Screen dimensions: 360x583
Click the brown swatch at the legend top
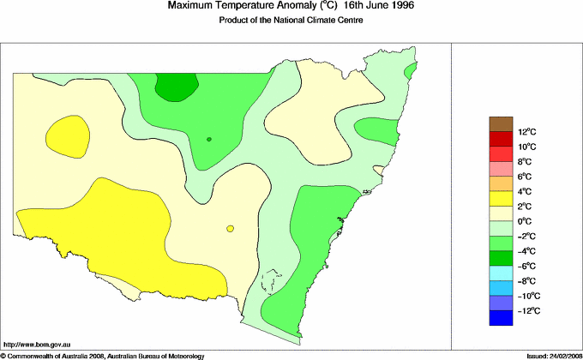coord(501,123)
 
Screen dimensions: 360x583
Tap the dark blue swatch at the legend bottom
coord(501,318)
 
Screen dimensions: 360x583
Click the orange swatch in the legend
coord(501,183)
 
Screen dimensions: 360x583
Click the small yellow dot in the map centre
coord(230,228)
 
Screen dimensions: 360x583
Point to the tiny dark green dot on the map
coord(208,139)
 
